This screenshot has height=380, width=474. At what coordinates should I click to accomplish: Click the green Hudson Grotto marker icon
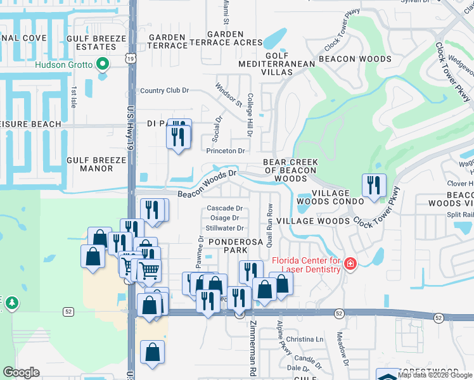click(x=101, y=64)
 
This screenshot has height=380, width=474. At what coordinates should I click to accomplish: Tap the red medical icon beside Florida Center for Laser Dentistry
click(x=350, y=264)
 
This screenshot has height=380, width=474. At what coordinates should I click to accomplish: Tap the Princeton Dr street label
click(x=225, y=151)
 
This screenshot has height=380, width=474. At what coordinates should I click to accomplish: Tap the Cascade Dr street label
click(x=225, y=208)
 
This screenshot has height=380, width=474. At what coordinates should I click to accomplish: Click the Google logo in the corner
click(x=21, y=372)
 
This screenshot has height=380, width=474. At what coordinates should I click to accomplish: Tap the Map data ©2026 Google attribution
click(x=433, y=375)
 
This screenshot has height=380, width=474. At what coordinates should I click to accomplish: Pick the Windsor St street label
click(x=228, y=94)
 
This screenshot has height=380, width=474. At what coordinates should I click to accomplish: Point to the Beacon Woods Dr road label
click(x=207, y=182)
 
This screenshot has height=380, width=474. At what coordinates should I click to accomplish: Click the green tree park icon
click(x=11, y=304)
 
